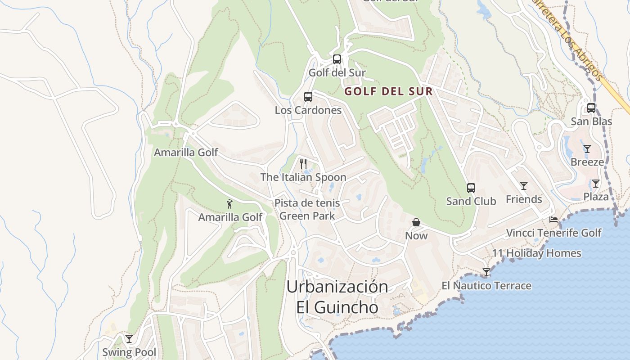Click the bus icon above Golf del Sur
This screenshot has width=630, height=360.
coord(337,59)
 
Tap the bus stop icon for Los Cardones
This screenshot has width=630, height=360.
coord(308,97)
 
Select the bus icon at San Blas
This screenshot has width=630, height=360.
coord(591,108)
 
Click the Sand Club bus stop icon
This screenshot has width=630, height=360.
coord(471,188)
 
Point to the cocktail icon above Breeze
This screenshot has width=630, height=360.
coord(587,148)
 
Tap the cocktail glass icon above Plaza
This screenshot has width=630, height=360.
coord(596,183)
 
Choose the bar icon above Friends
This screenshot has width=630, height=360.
coord(523,185)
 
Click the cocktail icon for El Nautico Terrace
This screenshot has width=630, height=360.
coord(486,272)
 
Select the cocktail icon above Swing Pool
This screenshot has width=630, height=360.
coord(129,338)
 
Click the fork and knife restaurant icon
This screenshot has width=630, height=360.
coord(303,164)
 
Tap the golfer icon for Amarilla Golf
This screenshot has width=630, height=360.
coord(229,204)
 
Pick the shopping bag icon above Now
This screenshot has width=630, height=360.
coord(416,222)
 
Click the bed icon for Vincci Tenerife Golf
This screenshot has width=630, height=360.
coord(553,220)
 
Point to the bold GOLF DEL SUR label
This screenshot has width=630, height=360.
coord(388,92)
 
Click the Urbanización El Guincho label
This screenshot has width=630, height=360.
coord(337,297)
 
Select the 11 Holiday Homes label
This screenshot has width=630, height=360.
coord(536,253)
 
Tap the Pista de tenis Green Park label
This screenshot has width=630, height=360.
coord(307,210)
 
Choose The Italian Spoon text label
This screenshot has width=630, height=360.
coord(303,177)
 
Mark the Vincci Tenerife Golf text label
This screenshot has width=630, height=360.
coord(553,233)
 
